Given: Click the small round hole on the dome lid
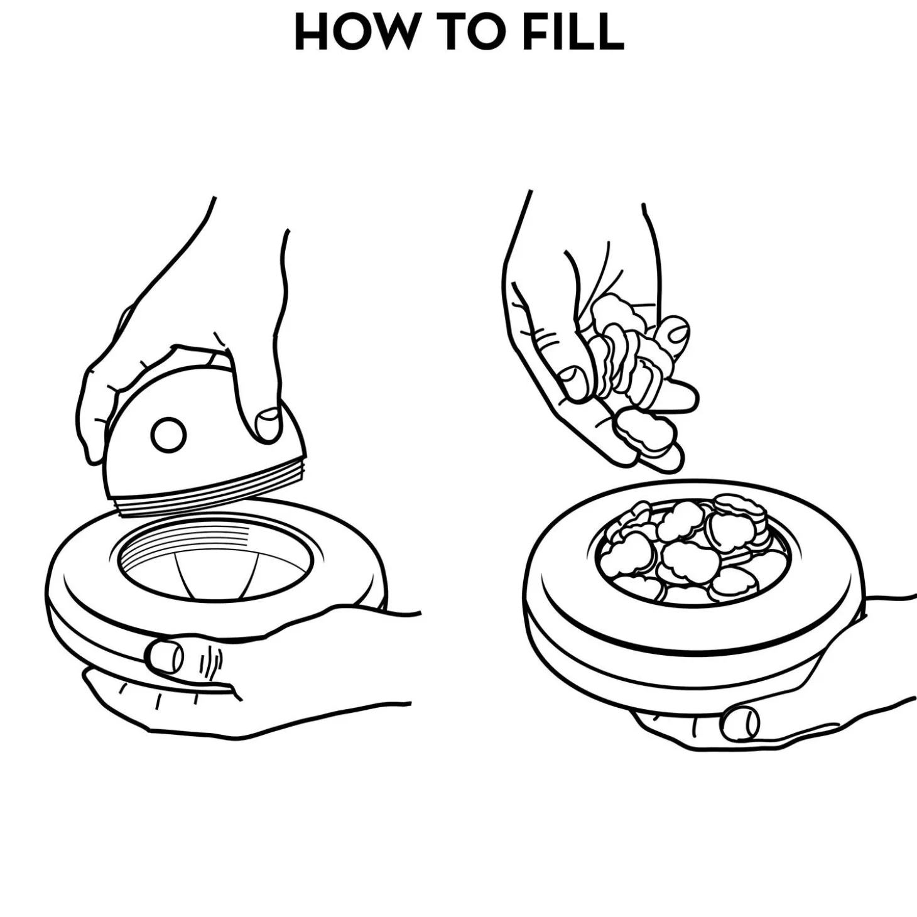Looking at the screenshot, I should pos(168,435).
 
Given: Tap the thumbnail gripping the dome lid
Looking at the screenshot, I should pos(268,424).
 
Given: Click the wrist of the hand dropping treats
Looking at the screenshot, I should pos(584,220).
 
